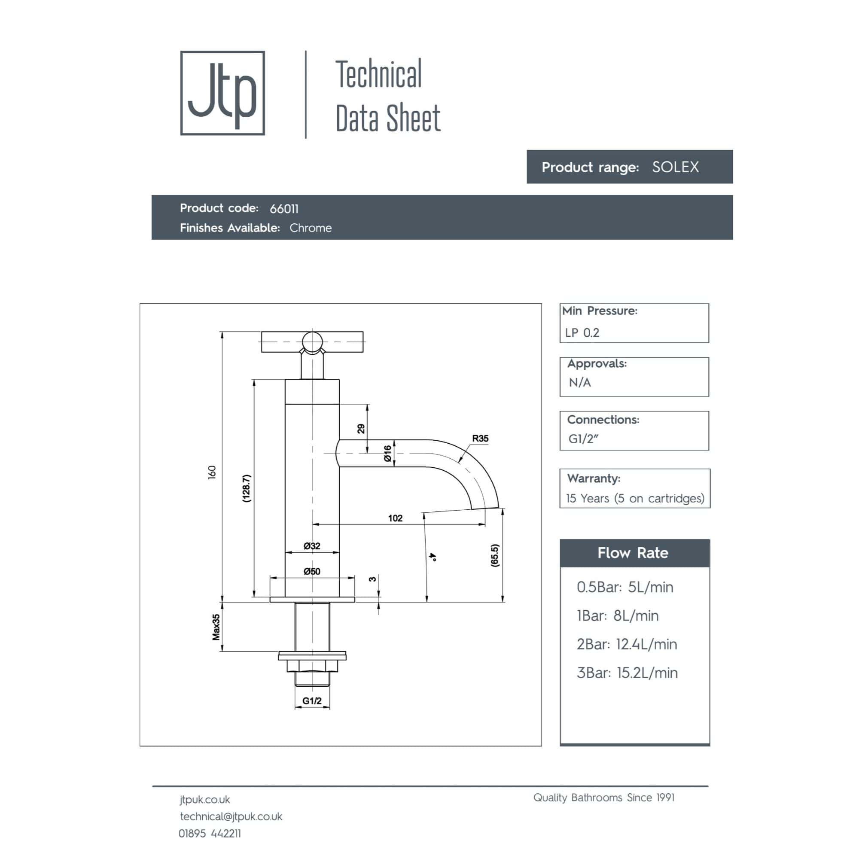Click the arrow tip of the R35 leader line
pyautogui.click(x=458, y=463)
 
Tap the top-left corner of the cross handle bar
pyautogui.click(x=262, y=332)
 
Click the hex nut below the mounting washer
pyautogui.click(x=312, y=666)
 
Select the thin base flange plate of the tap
pyautogui.click(x=312, y=599)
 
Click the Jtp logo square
pyautogui.click(x=222, y=93)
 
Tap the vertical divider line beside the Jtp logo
pyautogui.click(x=306, y=94)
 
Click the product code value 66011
pyautogui.click(x=284, y=209)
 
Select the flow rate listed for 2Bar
pyautogui.click(x=646, y=644)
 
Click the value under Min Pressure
pyautogui.click(x=582, y=332)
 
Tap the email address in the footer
pyautogui.click(x=231, y=816)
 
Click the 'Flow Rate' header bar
pyautogui.click(x=634, y=553)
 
